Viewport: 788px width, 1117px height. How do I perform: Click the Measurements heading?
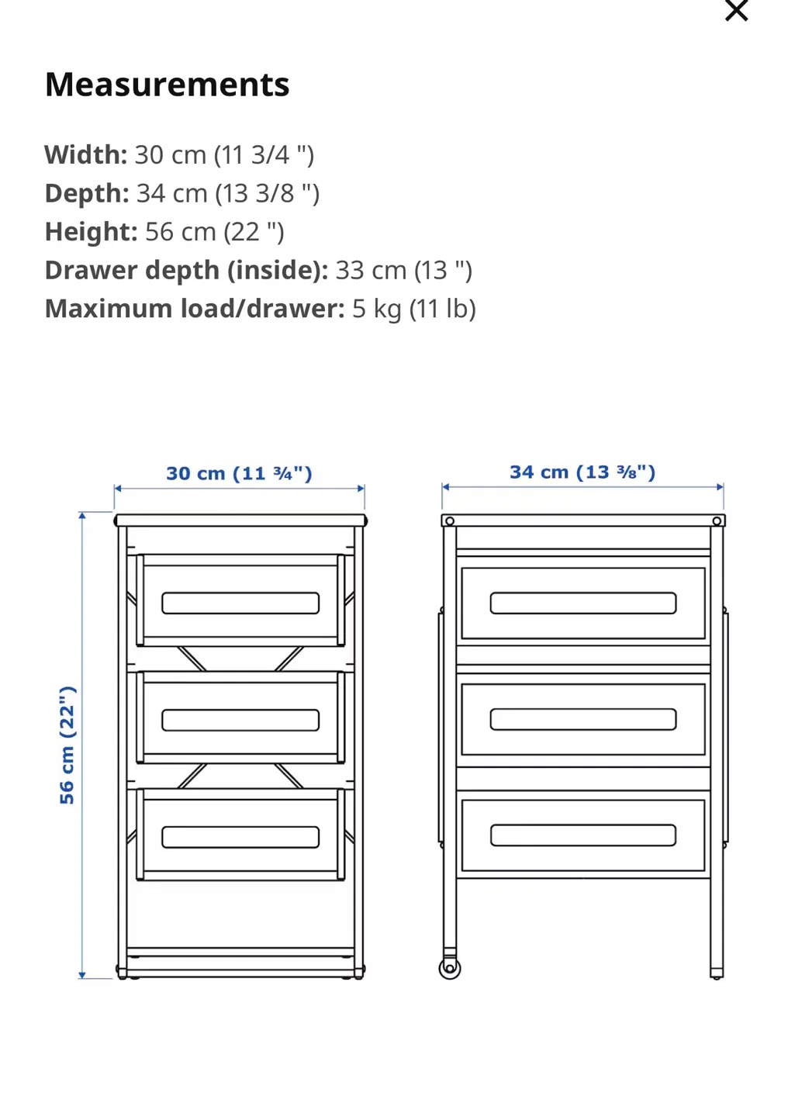tap(167, 85)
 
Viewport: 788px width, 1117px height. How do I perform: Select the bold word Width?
tap(85, 155)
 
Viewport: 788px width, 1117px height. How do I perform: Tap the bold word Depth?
tap(87, 193)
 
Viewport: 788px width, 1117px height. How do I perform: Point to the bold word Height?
tap(91, 232)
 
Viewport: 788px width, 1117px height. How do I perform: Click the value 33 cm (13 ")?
tap(403, 271)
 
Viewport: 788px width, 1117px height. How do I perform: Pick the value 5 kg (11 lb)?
tap(413, 309)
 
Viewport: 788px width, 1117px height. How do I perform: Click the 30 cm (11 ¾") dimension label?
tap(239, 473)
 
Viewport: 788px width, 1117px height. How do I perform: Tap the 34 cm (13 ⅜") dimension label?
tap(582, 472)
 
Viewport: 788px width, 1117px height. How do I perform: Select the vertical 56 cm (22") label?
tap(67, 745)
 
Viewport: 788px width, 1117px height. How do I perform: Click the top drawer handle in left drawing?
tap(240, 603)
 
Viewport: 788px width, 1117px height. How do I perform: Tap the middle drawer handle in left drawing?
tap(240, 720)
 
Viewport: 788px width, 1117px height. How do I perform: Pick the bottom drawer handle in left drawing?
tap(240, 837)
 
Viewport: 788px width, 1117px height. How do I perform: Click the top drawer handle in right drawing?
tap(583, 603)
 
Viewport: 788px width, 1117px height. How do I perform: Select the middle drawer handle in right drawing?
tap(583, 719)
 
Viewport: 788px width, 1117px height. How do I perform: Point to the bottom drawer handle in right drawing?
tap(583, 835)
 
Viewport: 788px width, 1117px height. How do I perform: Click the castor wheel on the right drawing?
tap(450, 968)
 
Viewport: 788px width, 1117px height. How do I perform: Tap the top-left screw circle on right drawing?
tap(450, 521)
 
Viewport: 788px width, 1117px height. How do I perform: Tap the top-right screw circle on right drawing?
tap(717, 521)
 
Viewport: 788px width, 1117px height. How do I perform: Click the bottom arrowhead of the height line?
tap(82, 974)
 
